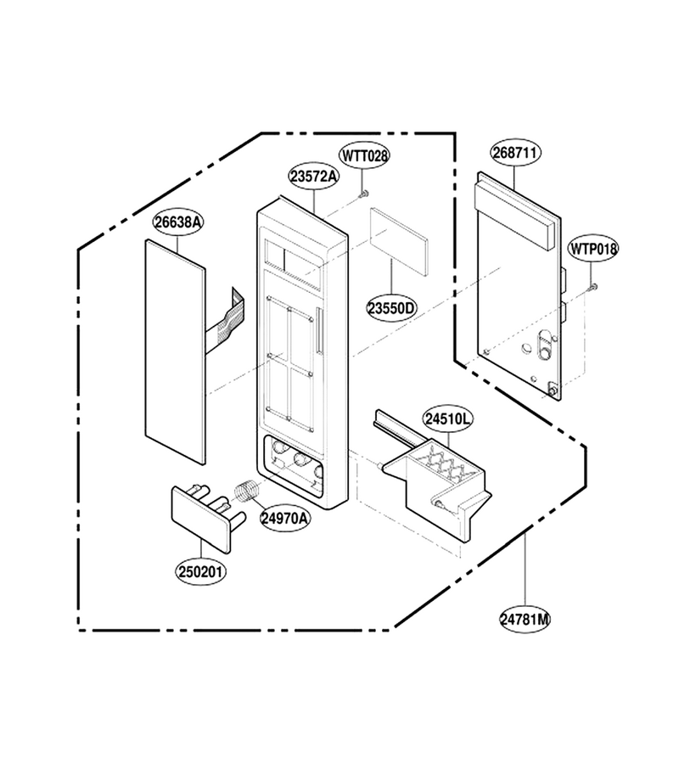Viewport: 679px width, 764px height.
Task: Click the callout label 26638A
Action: pos(178,222)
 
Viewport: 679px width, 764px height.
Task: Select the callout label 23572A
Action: pos(314,177)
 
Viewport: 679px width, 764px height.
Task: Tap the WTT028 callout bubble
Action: pos(364,156)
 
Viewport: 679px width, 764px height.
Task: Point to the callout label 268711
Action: pos(515,153)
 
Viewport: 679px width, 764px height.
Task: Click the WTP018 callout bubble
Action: pos(593,249)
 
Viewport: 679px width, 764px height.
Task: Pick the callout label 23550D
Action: pos(391,308)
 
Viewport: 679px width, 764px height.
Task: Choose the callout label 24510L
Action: pos(448,419)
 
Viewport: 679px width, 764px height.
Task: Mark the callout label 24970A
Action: pos(285,518)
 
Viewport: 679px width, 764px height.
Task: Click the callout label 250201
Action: pos(201,571)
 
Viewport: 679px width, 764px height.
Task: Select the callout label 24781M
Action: pos(525,620)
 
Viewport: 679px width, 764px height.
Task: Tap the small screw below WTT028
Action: pos(363,194)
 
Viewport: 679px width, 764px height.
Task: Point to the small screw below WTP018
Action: pos(593,287)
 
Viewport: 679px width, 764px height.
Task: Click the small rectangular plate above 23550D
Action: pos(399,242)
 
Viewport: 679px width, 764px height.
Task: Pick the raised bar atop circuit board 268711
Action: pos(513,211)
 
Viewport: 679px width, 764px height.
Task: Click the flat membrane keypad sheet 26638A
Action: pos(176,351)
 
